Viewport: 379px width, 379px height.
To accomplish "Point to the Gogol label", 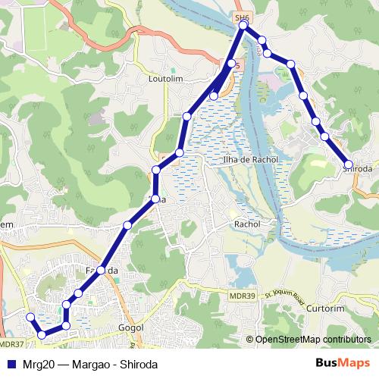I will tap(132, 328).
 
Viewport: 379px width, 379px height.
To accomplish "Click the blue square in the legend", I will tap(9, 362).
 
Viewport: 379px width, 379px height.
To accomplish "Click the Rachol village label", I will tap(247, 224).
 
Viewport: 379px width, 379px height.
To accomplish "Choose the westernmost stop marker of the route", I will tap(30, 317).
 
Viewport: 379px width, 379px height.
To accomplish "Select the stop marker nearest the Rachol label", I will tap(155, 199).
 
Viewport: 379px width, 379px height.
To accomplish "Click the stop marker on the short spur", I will tap(215, 96).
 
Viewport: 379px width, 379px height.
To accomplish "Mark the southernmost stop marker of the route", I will tap(42, 334).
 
